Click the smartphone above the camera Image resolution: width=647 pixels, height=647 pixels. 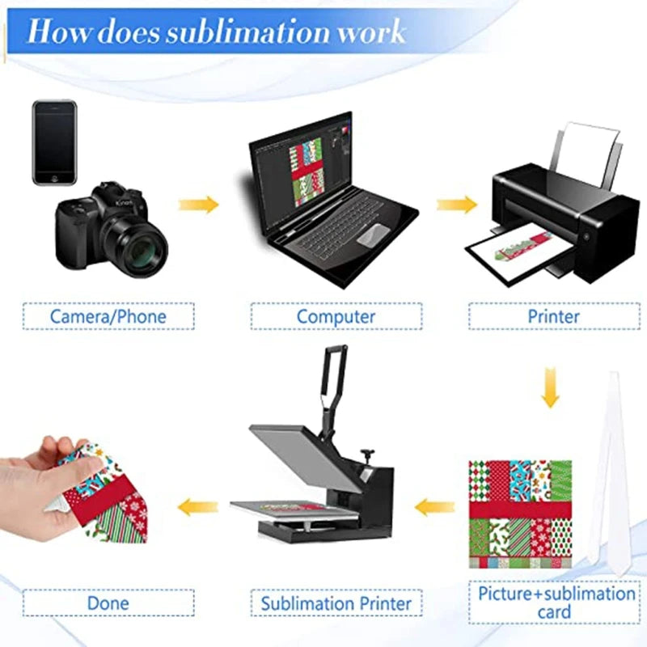point(54,142)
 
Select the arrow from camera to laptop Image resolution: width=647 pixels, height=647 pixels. point(199,205)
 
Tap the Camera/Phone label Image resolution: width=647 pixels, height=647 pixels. point(108,316)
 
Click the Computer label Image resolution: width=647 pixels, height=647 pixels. point(336,316)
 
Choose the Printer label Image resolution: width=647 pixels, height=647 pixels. point(554,316)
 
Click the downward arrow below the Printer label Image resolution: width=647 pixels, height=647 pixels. point(551,387)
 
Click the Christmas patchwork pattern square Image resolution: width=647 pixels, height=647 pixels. point(521,513)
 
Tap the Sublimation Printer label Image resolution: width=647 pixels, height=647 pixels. point(336,603)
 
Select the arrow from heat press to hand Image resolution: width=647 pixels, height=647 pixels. point(198,508)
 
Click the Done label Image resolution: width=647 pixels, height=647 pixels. point(108,603)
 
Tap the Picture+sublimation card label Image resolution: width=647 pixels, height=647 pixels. point(556,603)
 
